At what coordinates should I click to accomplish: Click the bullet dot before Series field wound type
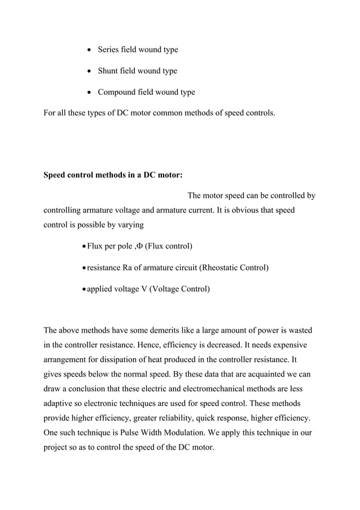click(x=89, y=50)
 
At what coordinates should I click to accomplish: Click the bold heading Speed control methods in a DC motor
click(x=113, y=175)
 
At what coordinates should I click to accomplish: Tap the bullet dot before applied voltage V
click(x=84, y=289)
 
